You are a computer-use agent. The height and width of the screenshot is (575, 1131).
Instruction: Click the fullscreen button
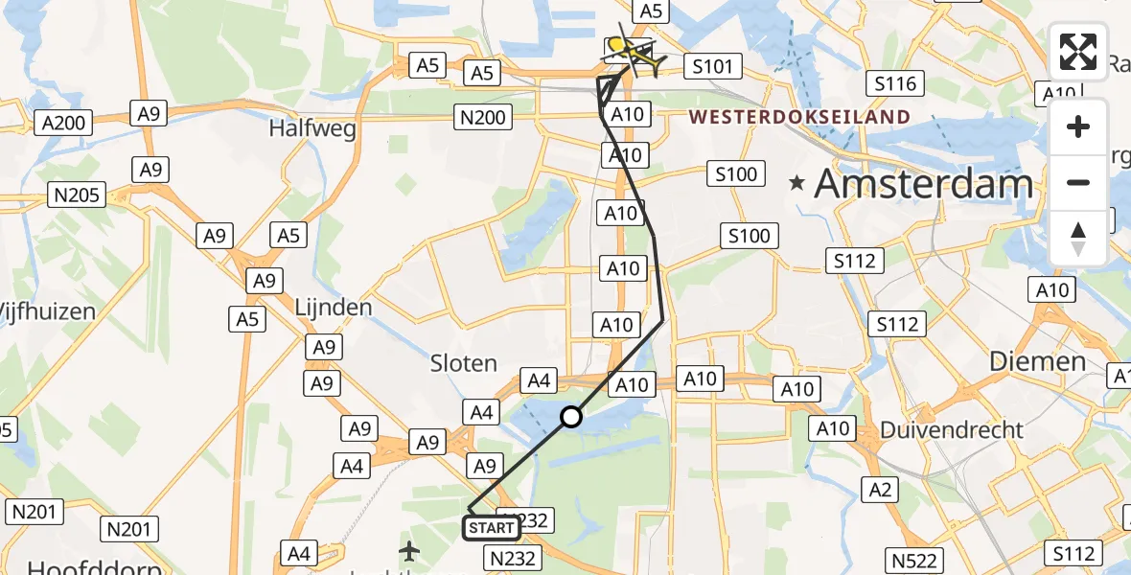click(1078, 52)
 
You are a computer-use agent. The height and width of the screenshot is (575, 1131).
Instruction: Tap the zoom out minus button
click(1078, 182)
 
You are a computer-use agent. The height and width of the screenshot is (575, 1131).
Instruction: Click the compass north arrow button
click(1078, 238)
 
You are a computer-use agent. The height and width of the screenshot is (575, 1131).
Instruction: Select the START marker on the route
click(492, 527)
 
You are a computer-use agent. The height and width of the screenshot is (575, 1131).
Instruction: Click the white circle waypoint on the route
click(571, 417)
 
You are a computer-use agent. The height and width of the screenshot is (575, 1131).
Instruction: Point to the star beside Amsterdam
click(797, 182)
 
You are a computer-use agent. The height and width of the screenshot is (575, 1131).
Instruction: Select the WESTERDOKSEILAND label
click(799, 117)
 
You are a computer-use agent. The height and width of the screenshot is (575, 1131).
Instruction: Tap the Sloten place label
click(464, 363)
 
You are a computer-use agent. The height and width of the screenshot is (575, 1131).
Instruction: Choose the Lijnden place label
click(334, 308)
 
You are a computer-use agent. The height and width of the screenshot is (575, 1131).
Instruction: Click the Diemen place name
click(1036, 362)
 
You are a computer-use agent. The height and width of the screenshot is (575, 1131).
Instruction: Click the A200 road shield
click(65, 123)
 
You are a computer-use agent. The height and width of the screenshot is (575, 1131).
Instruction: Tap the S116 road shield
click(896, 83)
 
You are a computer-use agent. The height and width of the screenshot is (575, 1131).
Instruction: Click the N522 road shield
click(915, 559)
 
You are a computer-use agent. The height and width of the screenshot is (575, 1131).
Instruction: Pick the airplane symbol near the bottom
click(410, 551)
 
